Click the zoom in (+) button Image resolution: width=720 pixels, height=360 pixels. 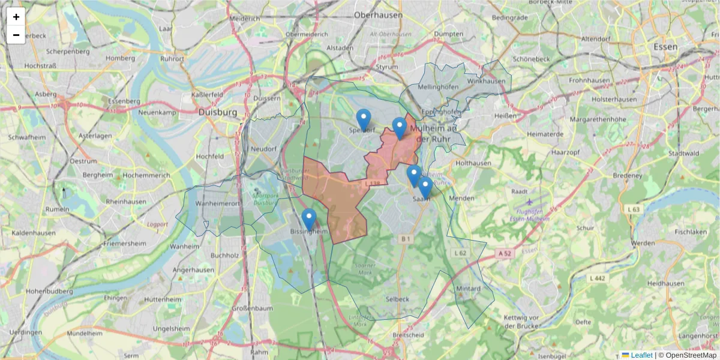[16, 17]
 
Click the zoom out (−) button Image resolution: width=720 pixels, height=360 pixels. [16, 35]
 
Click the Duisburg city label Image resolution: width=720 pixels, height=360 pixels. [217, 112]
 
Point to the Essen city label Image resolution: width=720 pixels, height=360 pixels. [666, 46]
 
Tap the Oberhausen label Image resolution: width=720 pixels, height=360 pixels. [378, 15]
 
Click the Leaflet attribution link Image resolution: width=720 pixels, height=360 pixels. [641, 355]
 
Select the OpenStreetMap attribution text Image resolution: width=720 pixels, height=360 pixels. [691, 355]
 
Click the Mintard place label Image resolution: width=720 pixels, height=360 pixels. [469, 289]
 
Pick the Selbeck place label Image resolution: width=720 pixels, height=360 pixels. [397, 299]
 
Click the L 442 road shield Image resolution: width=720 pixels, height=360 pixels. [598, 278]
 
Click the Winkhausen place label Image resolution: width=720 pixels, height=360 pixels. [487, 80]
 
